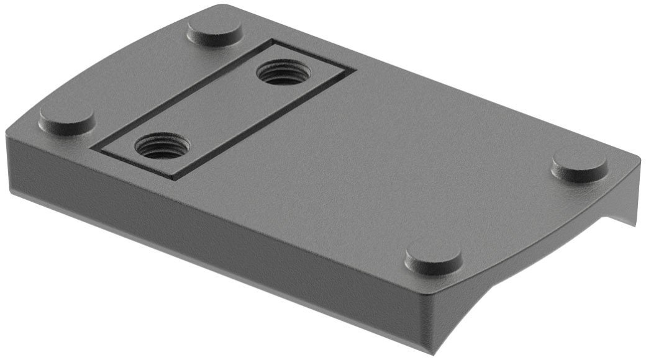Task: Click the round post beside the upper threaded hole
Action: [215, 30]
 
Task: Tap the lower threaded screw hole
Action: [162, 146]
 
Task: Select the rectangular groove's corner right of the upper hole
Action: [354, 70]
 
